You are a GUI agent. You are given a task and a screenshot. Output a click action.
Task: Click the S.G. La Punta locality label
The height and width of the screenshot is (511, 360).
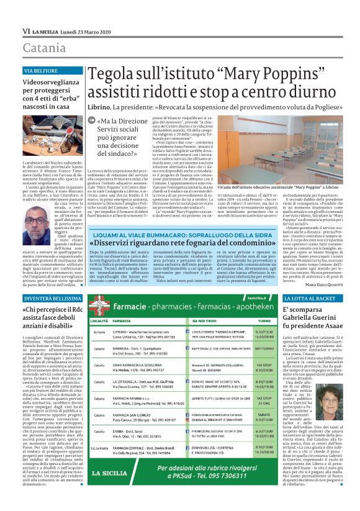point(99,465)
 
